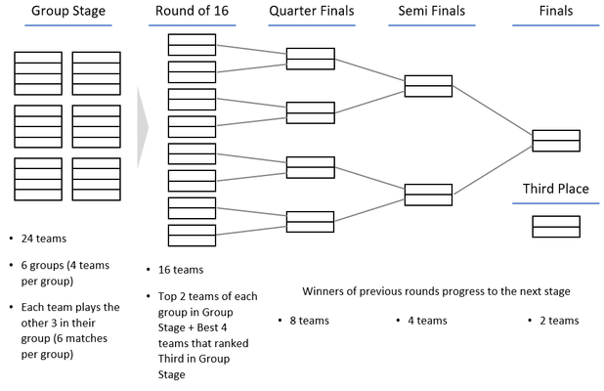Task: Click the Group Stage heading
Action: point(68,11)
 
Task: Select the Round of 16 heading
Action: point(192,11)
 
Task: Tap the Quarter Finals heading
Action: point(311,11)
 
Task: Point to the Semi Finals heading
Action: point(431,11)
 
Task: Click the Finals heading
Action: point(556,11)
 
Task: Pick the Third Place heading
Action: point(555,189)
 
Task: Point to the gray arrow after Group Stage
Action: point(143,127)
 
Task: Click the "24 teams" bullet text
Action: point(44,239)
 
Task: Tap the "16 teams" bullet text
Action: point(181,270)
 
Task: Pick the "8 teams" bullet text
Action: point(309,321)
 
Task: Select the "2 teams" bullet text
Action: point(559,321)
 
